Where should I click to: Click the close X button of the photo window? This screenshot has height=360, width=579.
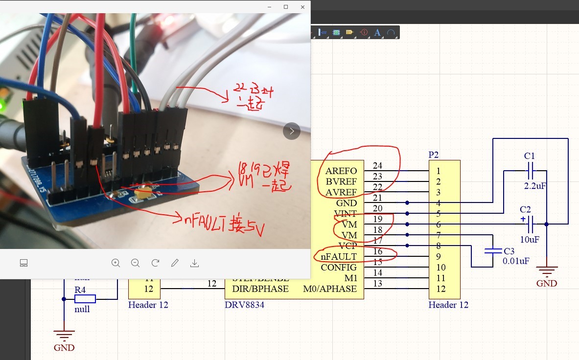tap(303, 7)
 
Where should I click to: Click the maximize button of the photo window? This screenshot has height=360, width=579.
tap(286, 7)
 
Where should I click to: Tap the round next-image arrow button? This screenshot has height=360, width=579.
tap(292, 131)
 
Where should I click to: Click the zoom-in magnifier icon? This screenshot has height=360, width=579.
tap(116, 263)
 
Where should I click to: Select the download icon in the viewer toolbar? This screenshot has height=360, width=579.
tap(194, 263)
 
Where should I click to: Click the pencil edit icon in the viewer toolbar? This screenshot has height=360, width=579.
tap(175, 263)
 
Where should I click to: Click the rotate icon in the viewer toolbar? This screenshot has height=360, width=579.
tap(155, 263)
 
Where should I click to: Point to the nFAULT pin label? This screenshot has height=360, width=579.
tap(339, 257)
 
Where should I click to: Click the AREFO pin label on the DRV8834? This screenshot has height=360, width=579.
tap(341, 171)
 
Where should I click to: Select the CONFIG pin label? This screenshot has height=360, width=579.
tap(339, 268)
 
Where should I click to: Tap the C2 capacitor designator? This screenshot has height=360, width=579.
tap(526, 209)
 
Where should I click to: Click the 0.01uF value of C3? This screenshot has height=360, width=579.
tap(516, 261)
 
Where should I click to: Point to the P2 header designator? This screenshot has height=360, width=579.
tap(434, 155)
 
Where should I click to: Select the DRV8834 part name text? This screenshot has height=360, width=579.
tap(245, 305)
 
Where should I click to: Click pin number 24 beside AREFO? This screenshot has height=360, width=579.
tap(377, 166)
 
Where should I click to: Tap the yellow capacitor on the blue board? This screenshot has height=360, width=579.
tap(143, 192)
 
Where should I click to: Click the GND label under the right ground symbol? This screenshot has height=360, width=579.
tap(547, 283)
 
